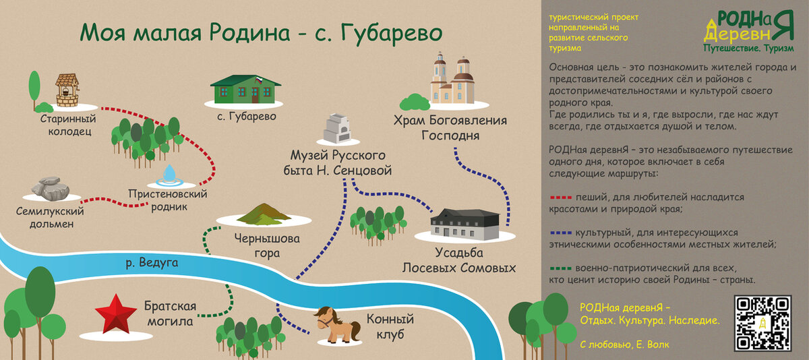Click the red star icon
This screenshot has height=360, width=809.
116,311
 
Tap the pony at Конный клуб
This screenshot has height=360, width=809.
336,324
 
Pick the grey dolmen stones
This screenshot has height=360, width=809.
49,189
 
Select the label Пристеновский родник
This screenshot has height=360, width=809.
167,200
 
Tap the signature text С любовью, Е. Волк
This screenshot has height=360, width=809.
621,344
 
